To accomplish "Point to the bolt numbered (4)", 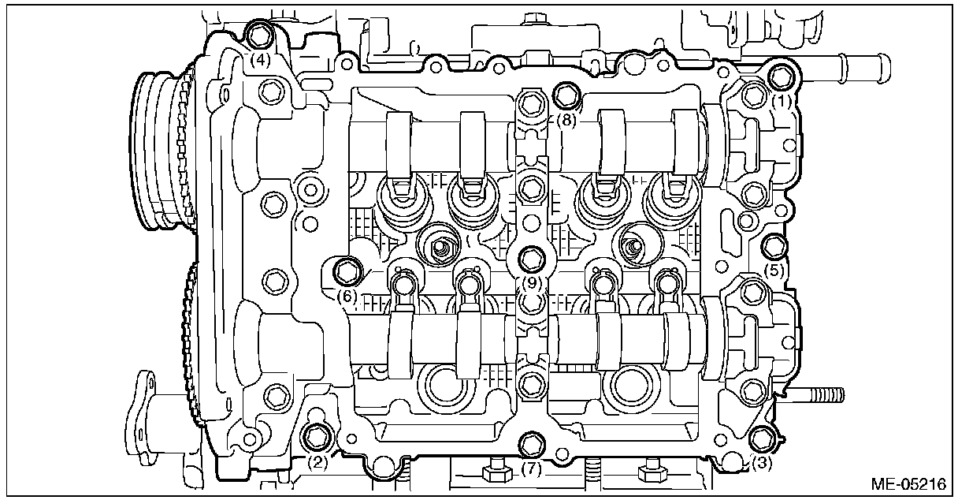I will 260,35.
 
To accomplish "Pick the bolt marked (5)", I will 775,246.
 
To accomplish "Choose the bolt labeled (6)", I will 347,271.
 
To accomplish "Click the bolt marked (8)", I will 566,96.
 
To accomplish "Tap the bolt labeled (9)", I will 531,257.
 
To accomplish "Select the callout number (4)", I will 261,59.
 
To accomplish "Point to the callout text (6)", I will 347,297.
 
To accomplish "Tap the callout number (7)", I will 532,469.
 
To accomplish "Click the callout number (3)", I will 761,463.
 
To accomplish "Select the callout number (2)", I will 317,462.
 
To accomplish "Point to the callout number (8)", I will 567,121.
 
